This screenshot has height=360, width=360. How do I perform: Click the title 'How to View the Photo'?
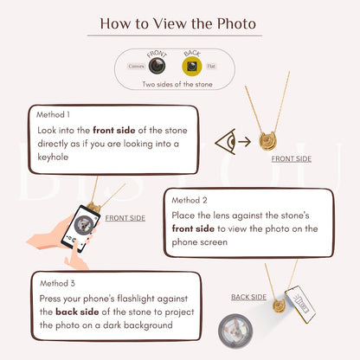point(179,23)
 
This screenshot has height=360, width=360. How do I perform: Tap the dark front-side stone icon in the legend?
point(157,66)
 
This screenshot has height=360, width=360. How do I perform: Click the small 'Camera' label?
point(137,66)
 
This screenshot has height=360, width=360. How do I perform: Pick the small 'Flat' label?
point(212,66)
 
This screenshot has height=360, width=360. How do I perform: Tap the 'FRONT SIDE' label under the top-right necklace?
point(292,159)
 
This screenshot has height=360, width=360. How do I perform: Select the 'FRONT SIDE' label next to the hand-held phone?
point(125,218)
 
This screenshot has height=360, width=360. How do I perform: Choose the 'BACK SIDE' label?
point(248,297)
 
